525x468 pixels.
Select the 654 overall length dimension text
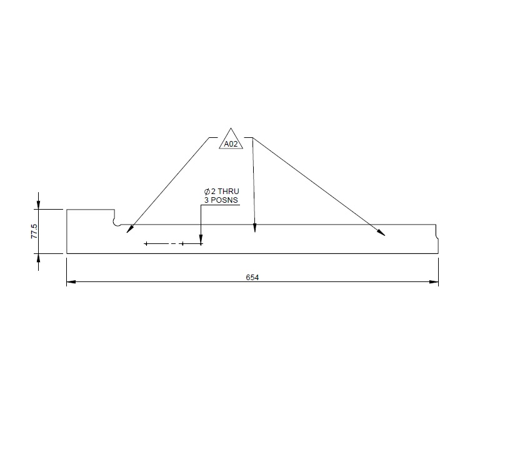[252, 278]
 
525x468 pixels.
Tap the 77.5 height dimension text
[34, 232]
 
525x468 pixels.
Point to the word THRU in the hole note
[228, 192]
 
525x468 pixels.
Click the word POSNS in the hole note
[226, 200]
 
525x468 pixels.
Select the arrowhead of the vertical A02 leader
[254, 229]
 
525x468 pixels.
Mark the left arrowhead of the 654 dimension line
[70, 282]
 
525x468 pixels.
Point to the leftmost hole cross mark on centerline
[146, 243]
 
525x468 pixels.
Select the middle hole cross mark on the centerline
[182, 243]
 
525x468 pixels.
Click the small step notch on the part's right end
[436, 236]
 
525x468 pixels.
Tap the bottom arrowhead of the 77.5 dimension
[39, 257]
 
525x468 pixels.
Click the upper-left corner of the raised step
[67, 210]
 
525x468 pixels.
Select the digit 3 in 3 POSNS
[206, 200]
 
